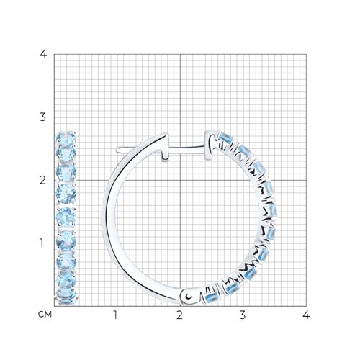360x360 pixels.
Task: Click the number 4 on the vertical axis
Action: pos(43,54)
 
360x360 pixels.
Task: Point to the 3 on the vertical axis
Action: pos(42,117)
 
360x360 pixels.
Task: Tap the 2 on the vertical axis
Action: pos(42,180)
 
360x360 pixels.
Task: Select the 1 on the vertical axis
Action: pos(42,243)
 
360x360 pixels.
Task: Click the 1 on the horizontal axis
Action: pos(116,315)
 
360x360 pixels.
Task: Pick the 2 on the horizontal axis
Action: pos(179,315)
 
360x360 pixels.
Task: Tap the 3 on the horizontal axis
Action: pos(243,315)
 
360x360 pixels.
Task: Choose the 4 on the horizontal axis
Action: pos(306,315)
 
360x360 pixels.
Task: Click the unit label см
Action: pos(45,315)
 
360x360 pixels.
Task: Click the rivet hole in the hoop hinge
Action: pos(189,297)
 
